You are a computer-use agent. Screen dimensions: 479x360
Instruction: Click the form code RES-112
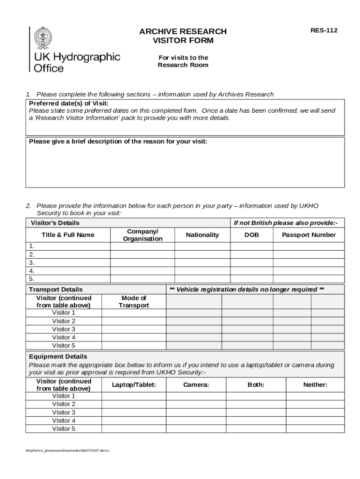click(324, 31)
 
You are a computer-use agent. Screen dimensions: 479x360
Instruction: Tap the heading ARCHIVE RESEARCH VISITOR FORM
click(183, 36)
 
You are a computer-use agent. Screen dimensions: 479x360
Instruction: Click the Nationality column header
click(202, 235)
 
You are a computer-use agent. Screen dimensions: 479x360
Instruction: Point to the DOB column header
click(252, 235)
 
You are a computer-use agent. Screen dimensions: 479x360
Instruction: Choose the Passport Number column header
click(309, 235)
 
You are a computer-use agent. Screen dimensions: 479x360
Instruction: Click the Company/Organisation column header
click(143, 235)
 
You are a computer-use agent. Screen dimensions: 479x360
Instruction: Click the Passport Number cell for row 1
click(309, 246)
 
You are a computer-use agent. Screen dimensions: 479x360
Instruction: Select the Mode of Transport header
click(134, 302)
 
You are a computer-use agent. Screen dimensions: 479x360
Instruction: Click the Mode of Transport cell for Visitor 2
click(134, 321)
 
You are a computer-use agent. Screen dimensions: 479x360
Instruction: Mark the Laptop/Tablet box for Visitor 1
click(134, 396)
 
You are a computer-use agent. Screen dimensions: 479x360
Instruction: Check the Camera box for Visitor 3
click(196, 412)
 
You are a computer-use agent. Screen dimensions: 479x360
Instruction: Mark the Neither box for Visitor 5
click(315, 428)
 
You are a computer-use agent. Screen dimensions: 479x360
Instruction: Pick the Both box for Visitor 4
click(256, 421)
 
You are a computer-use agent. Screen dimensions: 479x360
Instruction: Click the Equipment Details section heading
click(58, 356)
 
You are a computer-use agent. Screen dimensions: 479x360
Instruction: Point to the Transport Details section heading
click(56, 290)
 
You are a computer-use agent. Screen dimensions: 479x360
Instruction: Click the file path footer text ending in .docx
click(67, 450)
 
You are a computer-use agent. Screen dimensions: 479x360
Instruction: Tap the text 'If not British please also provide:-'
click(286, 223)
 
